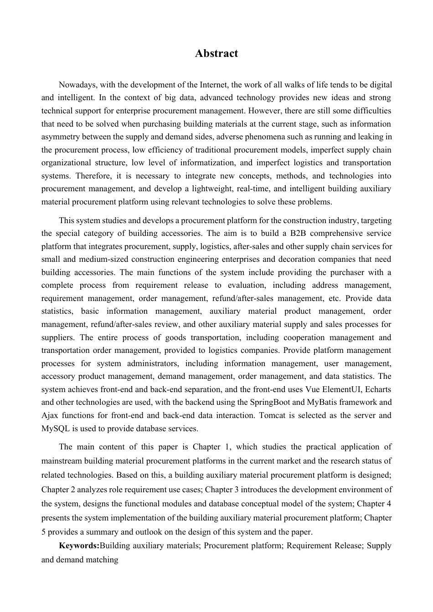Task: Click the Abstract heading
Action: click(216, 54)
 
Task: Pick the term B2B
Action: click(296, 233)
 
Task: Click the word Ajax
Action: click(50, 415)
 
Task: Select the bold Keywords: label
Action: click(79, 546)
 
